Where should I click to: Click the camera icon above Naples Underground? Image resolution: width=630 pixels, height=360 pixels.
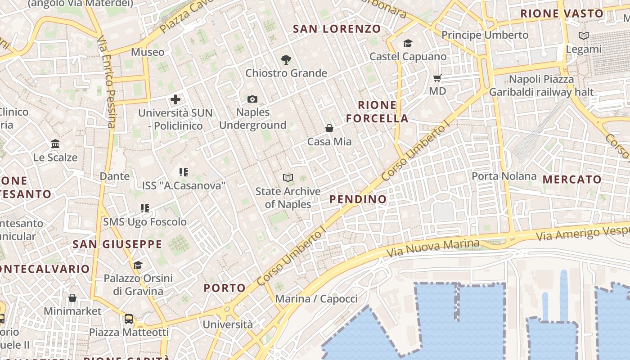pos(252,99)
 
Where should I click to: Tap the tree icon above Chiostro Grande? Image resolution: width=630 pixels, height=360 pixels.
pos(286,59)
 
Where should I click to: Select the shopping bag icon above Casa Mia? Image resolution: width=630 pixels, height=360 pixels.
pos(329,128)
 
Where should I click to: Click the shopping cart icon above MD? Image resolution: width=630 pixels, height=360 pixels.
pos(437,78)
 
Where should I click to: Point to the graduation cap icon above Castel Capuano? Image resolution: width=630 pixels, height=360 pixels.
pos(408,43)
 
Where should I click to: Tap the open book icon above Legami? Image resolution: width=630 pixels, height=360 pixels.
pos(584,36)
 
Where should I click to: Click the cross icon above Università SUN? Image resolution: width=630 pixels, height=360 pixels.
pos(175,99)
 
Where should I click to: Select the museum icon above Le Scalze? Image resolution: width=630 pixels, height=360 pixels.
pos(55,144)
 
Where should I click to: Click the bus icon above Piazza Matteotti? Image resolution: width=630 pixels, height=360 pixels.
pos(129,319)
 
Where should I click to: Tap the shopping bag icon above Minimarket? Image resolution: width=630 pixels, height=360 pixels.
pos(72,298)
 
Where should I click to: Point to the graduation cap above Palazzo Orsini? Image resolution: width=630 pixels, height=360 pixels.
pos(138,265)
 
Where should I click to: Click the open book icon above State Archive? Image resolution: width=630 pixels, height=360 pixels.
pos(288,178)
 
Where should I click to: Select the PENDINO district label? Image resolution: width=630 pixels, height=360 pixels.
pos(358,199)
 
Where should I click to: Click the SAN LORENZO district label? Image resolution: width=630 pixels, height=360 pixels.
pos(337,29)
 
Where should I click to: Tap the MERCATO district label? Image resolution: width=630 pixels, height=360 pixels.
pos(572,179)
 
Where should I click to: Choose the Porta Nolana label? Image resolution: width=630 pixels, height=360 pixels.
pos(504,176)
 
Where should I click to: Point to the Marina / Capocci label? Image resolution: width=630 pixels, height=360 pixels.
pos(316,299)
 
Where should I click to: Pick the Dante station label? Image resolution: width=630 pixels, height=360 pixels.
pos(115,176)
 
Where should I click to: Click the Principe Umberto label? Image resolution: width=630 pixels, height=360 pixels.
pos(485,35)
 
